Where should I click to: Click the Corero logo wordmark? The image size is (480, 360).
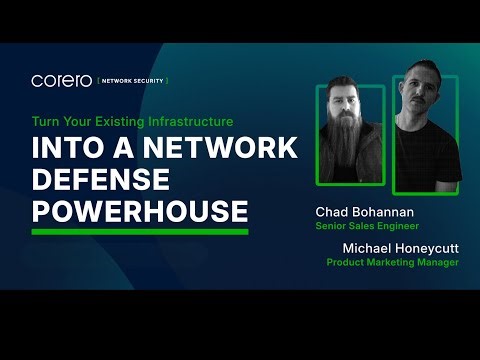pos(62,80)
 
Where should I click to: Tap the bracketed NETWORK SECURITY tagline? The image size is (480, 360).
pos(133,80)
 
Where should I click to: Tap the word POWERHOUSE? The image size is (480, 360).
pos(140,211)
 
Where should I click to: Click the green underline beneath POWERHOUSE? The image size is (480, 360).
pos(140,231)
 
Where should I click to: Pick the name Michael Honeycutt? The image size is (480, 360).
pos(393,247)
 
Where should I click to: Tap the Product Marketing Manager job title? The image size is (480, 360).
pos(392,262)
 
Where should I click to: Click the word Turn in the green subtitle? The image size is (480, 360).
pos(46,120)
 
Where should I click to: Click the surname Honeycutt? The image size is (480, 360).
pos(424,247)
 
